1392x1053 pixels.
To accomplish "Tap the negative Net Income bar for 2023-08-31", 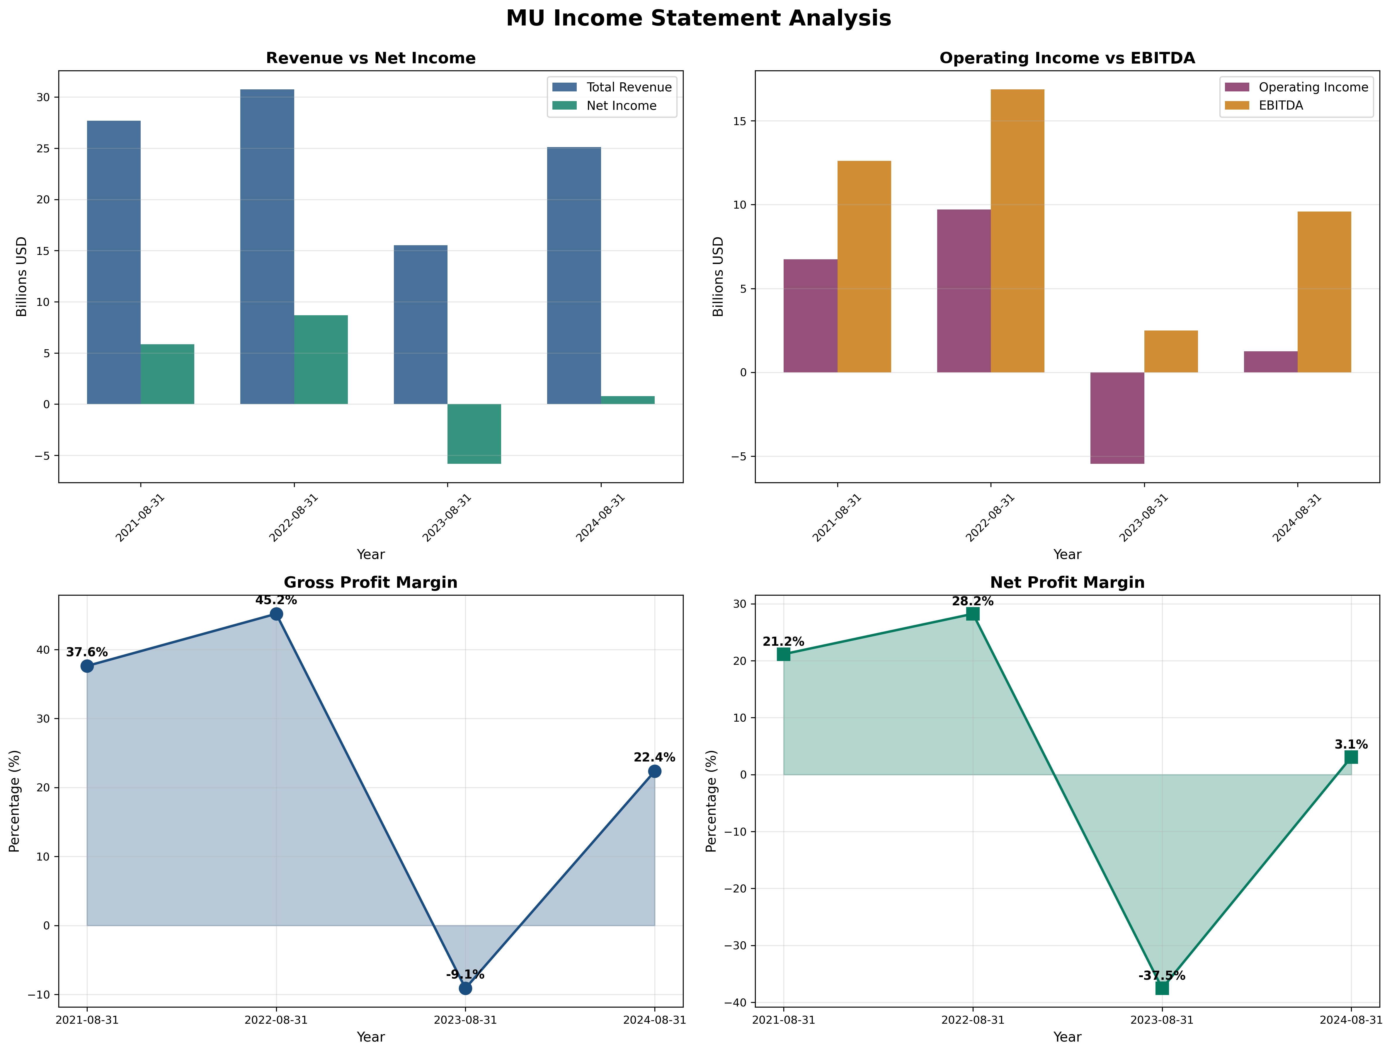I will tap(474, 434).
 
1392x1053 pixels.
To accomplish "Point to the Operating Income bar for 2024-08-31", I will tap(1271, 362).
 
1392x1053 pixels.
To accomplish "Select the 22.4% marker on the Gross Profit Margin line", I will tap(654, 771).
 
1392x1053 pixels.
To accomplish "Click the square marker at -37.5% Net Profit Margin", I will tap(1162, 988).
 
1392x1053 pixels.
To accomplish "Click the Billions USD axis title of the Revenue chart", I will tap(22, 277).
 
